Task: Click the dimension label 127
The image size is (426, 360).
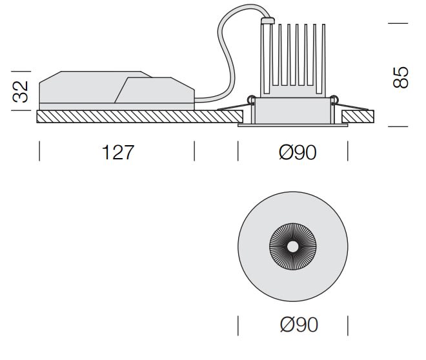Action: pos(117,152)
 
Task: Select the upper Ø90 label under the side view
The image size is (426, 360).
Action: pos(298,152)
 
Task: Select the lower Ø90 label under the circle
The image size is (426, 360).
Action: pos(298,325)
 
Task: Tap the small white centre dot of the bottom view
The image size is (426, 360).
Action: pos(293,246)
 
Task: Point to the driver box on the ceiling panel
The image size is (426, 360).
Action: pos(116,90)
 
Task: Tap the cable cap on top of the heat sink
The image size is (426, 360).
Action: pos(265,21)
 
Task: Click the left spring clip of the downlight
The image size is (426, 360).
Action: pos(250,98)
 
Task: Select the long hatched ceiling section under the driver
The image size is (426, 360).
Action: pos(129,117)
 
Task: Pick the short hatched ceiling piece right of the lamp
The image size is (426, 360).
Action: pos(358,117)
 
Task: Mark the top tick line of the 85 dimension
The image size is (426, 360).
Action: pos(399,23)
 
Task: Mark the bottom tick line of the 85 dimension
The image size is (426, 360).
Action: pos(399,127)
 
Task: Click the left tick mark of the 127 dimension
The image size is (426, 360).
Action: pos(40,152)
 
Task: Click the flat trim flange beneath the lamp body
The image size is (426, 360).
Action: pos(293,126)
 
